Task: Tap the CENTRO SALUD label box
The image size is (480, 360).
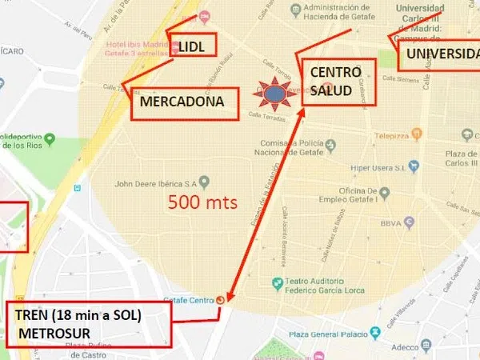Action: [x=330, y=80]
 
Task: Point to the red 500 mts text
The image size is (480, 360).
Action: [x=203, y=202]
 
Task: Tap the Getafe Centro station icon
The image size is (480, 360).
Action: [x=221, y=300]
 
